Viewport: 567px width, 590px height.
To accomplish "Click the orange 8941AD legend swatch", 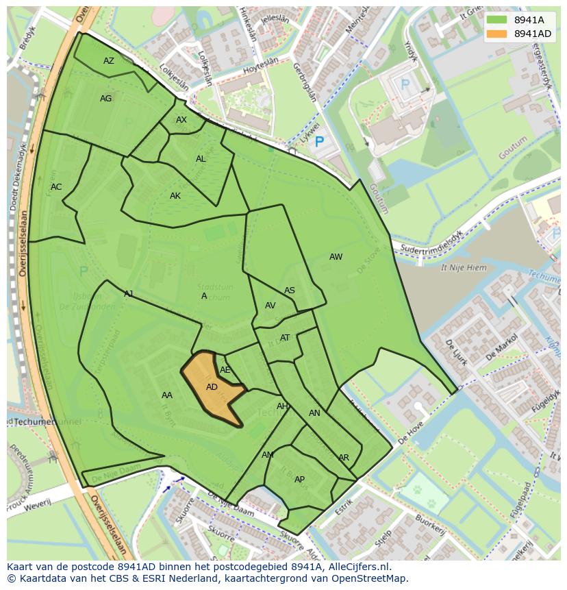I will [497, 34].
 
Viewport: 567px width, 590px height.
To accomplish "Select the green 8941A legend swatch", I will [497, 20].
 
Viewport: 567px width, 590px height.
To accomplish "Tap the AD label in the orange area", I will [212, 387].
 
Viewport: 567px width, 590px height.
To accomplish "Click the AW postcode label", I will [336, 257].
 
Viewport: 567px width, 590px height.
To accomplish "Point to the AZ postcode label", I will [109, 61].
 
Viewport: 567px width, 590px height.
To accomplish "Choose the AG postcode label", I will [105, 99].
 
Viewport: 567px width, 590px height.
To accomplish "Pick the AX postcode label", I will [181, 120].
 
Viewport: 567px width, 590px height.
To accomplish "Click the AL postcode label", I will [201, 159].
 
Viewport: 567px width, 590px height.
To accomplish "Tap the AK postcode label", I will [175, 196].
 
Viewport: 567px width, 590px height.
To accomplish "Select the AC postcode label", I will [56, 187].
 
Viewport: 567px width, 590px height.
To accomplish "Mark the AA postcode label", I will [167, 395].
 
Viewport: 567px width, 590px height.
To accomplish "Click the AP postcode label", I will [299, 480].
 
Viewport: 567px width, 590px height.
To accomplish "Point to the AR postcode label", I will [344, 458].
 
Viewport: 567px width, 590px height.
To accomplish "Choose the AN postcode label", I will [314, 413].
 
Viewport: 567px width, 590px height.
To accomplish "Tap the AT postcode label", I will [285, 338].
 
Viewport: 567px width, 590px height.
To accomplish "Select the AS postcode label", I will [290, 291].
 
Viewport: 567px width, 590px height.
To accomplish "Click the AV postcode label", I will [270, 306].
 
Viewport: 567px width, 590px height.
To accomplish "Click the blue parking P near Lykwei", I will [318, 143].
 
